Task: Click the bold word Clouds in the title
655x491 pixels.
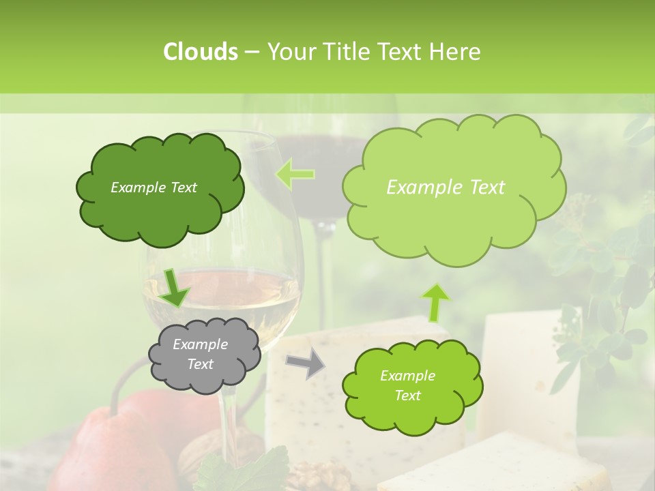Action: click(x=200, y=52)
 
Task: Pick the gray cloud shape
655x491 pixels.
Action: click(x=204, y=355)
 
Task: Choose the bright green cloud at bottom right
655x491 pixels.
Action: click(x=412, y=386)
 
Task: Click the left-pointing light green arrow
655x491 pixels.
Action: click(x=295, y=175)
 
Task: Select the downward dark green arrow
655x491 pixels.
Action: click(x=175, y=287)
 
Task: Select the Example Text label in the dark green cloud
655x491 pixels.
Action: click(x=154, y=188)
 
